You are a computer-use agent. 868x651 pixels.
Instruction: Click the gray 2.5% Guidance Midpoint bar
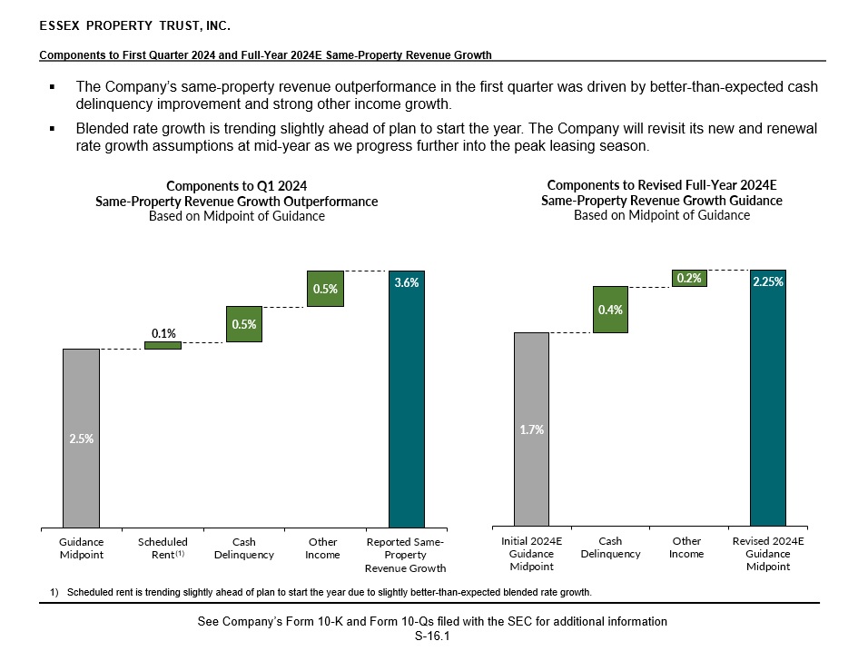[x=81, y=437]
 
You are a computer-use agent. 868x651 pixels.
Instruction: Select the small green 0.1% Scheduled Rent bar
[x=163, y=345]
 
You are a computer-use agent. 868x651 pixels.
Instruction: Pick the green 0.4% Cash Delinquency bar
[x=610, y=310]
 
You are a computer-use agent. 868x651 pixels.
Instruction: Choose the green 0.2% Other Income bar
[x=689, y=279]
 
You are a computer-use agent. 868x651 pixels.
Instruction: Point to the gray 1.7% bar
[x=531, y=429]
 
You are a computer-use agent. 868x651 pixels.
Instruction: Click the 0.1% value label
[x=163, y=333]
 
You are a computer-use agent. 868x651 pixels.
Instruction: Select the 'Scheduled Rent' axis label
[x=163, y=548]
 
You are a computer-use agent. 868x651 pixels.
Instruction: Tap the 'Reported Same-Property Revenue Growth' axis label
[x=405, y=555]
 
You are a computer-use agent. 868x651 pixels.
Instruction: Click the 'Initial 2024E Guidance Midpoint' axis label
[x=531, y=554]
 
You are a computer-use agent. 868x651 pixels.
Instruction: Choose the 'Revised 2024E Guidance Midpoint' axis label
[x=768, y=554]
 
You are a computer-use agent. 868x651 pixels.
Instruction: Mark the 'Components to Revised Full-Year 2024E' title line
[x=662, y=184]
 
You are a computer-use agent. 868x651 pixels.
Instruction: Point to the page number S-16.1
[x=432, y=636]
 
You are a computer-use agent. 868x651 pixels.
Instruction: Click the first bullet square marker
[x=53, y=87]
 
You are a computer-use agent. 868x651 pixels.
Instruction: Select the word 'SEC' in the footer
[x=513, y=622]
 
